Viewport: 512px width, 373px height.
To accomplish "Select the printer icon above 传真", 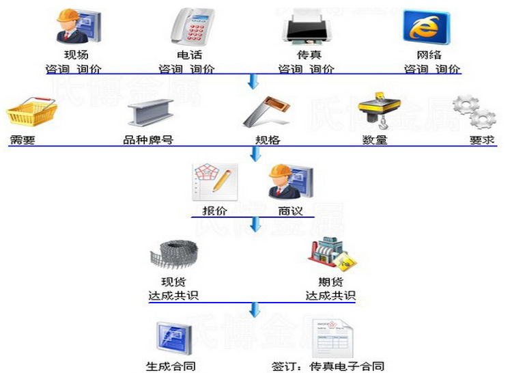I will pyautogui.click(x=306, y=27).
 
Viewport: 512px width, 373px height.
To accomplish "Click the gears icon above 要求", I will pyautogui.click(x=474, y=113).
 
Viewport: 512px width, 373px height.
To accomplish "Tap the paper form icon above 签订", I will pyautogui.click(x=330, y=338).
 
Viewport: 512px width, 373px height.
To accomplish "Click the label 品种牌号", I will pyautogui.click(x=148, y=140).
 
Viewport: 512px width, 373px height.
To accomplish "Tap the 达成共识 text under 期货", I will pyautogui.click(x=330, y=296).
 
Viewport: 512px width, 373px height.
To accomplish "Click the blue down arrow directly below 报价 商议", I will pyautogui.click(x=254, y=225).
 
